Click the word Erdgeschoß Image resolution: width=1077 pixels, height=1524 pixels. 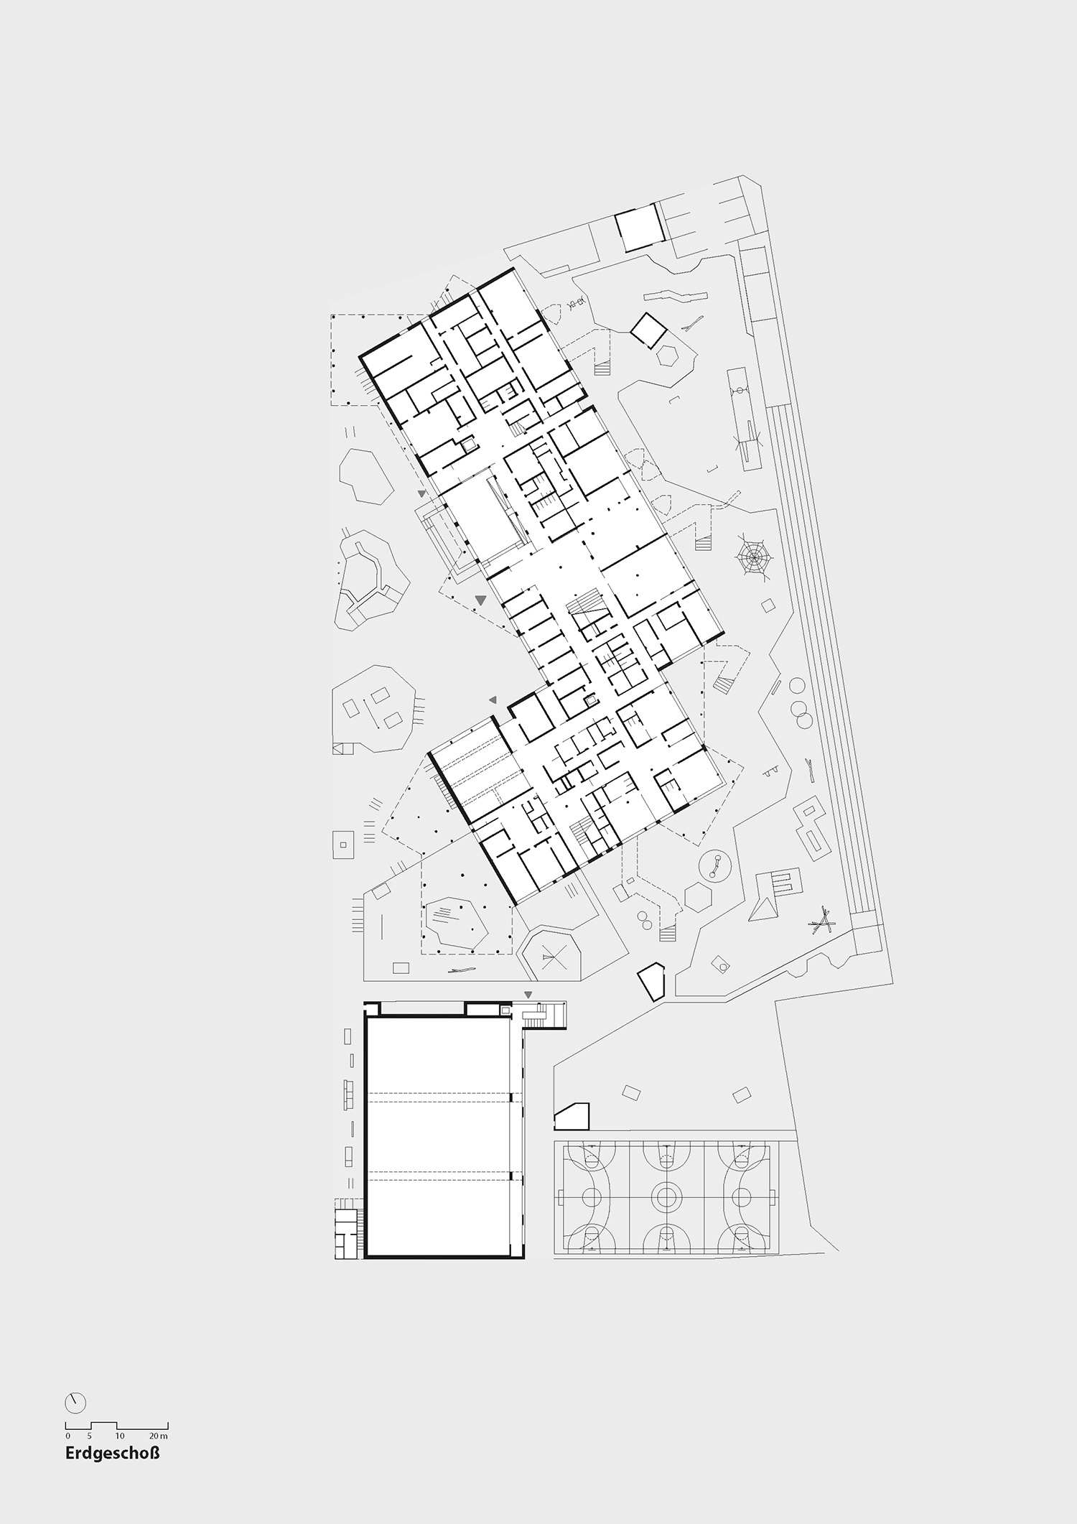(112, 1454)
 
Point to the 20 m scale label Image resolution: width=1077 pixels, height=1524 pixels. (159, 1436)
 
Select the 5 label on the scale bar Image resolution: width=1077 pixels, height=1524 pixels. (90, 1436)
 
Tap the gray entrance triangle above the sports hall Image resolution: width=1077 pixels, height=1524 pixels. (528, 995)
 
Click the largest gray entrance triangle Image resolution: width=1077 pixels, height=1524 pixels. (481, 599)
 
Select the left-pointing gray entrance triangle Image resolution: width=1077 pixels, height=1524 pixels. (493, 700)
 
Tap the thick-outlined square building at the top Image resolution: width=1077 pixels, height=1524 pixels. (638, 228)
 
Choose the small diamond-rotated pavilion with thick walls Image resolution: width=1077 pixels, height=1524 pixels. (648, 330)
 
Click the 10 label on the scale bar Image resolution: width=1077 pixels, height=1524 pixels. (119, 1436)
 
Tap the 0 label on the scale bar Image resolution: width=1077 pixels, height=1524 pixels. (67, 1436)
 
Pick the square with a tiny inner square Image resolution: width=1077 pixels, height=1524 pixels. (344, 843)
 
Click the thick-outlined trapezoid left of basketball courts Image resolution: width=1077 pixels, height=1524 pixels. (572, 1116)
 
